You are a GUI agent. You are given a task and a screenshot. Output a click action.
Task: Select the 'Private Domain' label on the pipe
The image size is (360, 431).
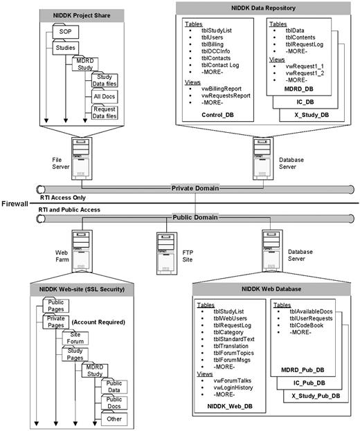[196, 187]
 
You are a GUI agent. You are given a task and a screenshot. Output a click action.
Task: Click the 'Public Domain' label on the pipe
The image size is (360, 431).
[196, 218]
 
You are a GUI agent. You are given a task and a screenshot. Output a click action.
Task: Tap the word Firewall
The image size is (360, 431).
[15, 204]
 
